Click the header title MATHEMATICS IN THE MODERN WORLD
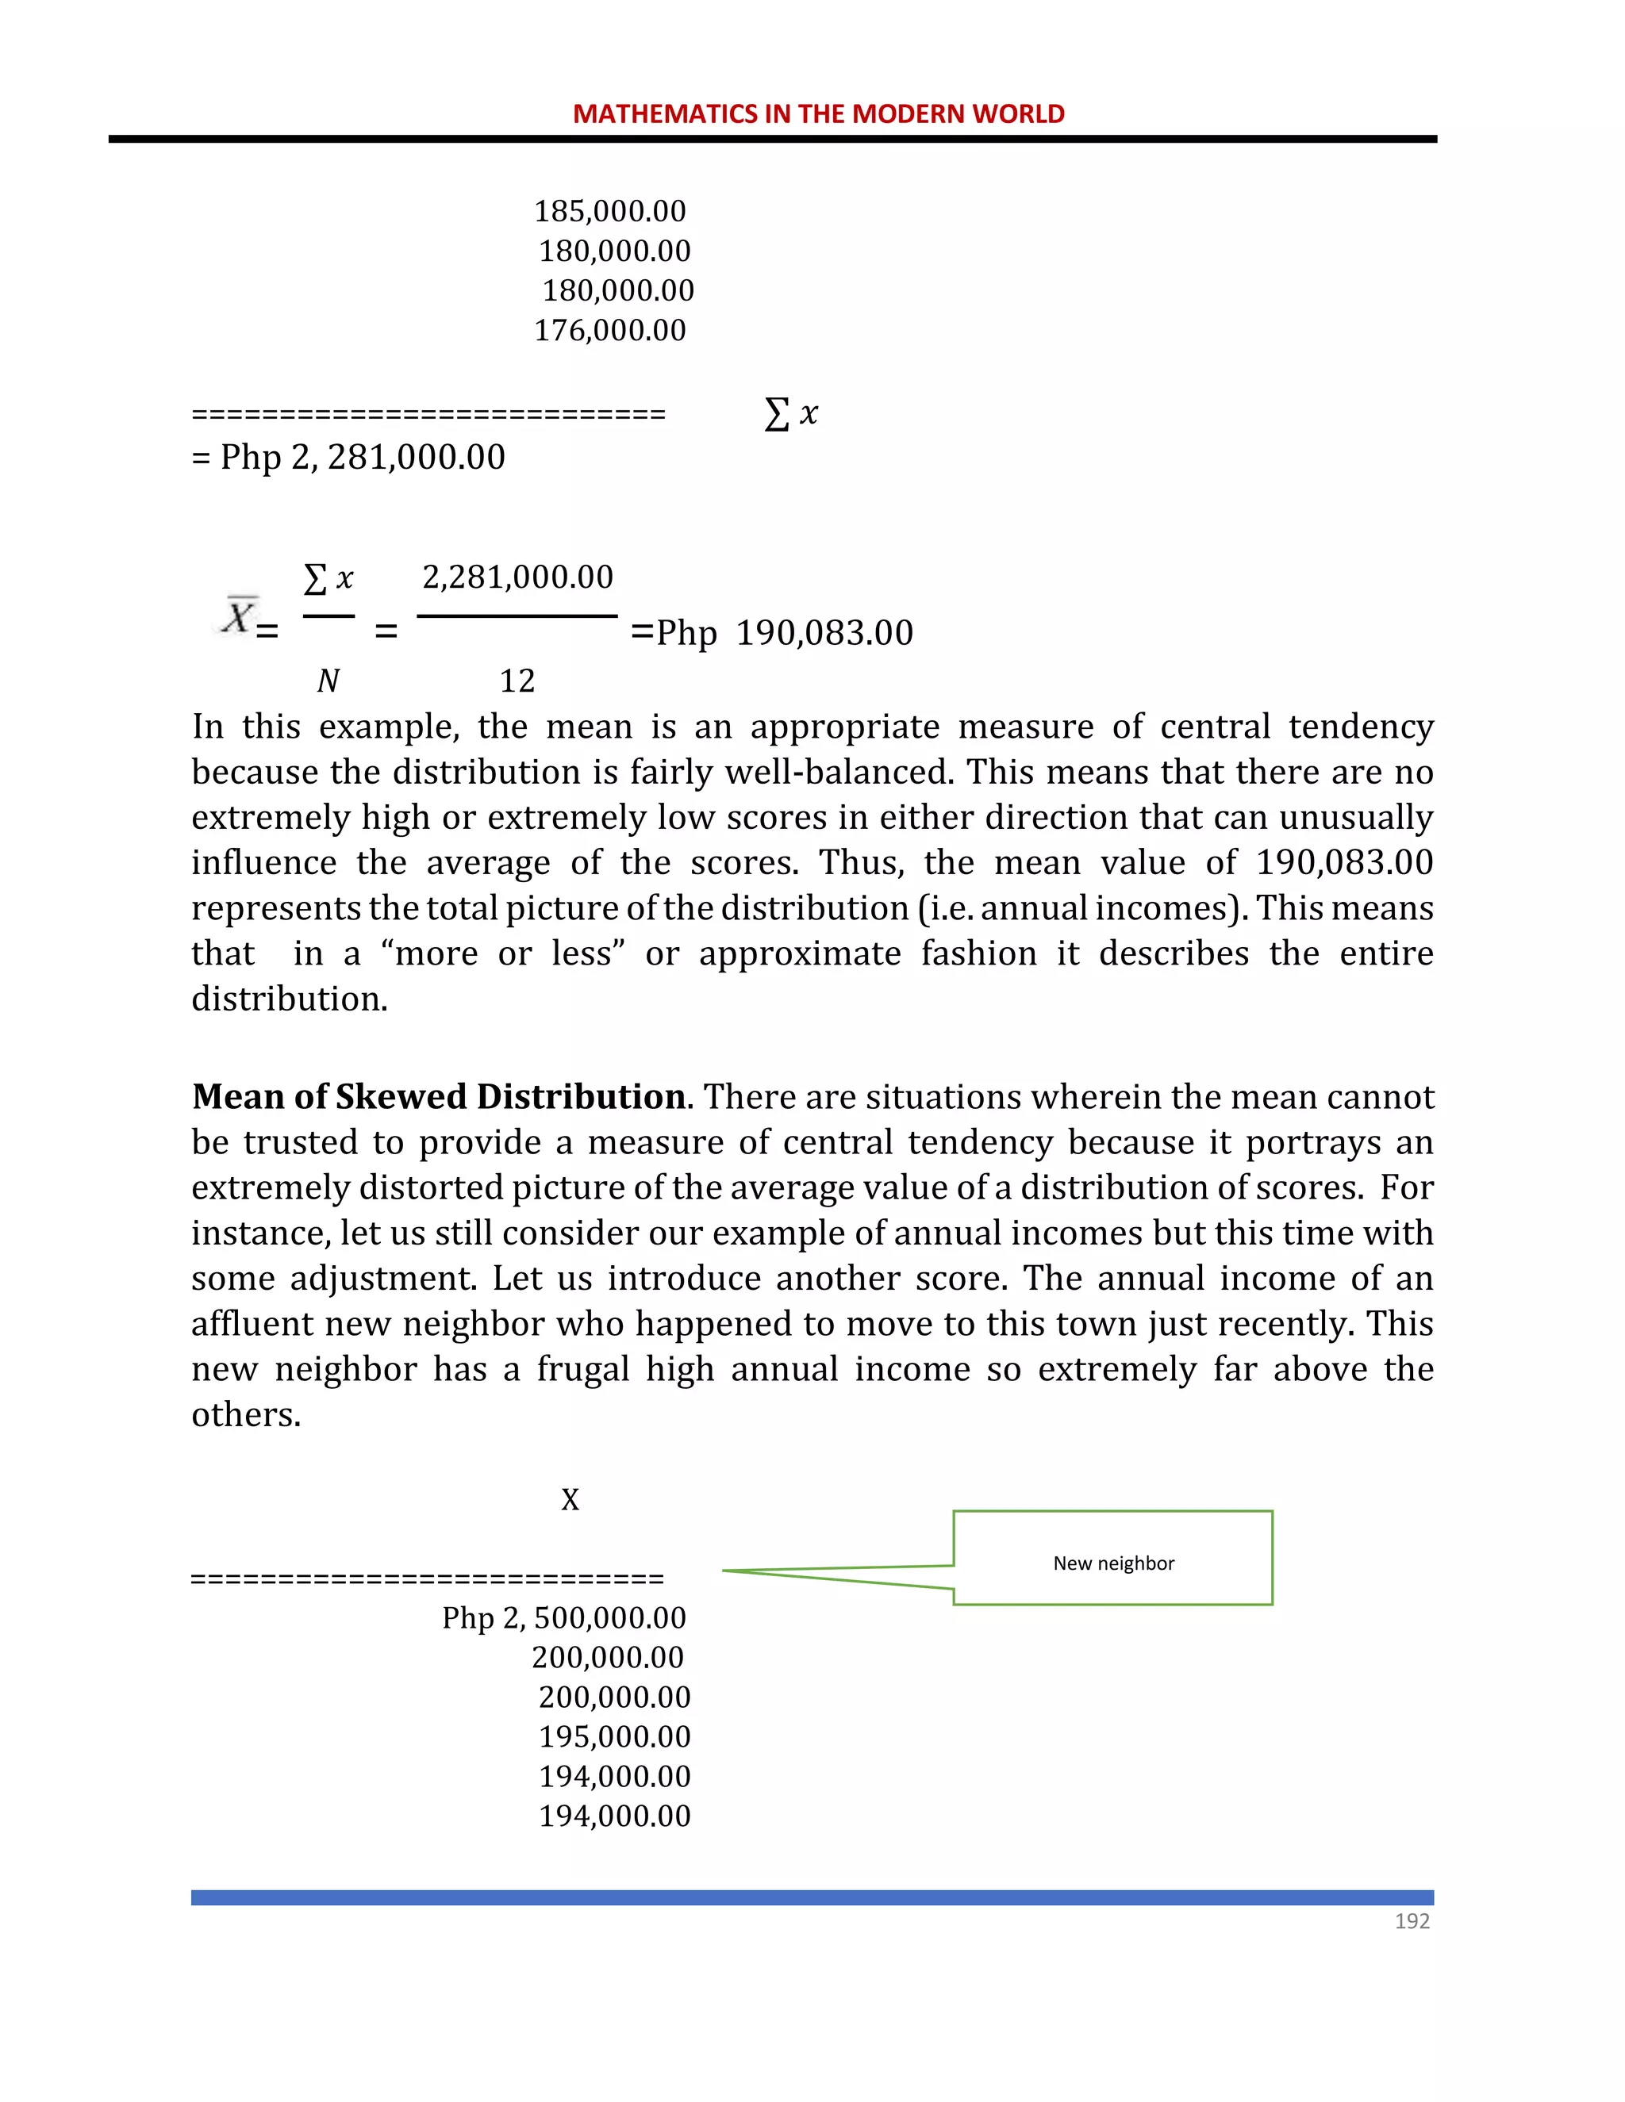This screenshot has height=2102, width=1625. (x=818, y=113)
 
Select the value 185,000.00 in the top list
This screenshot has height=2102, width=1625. (x=609, y=211)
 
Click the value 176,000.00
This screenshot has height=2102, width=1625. (x=609, y=330)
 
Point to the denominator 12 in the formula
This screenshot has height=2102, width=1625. (x=517, y=681)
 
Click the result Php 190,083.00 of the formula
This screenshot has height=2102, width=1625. (x=785, y=633)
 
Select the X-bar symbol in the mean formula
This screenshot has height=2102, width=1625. (x=239, y=616)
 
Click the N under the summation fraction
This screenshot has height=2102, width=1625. (x=328, y=681)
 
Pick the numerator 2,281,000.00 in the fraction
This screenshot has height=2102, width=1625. (x=518, y=577)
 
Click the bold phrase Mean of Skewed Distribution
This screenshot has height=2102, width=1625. (x=438, y=1097)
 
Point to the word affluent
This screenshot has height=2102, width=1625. (x=248, y=1323)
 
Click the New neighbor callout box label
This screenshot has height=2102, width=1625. (x=1113, y=1563)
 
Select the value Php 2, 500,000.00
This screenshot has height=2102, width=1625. (x=564, y=1618)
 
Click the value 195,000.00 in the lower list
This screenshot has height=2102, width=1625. (x=614, y=1736)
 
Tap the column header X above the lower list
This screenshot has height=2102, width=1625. (x=570, y=1499)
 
